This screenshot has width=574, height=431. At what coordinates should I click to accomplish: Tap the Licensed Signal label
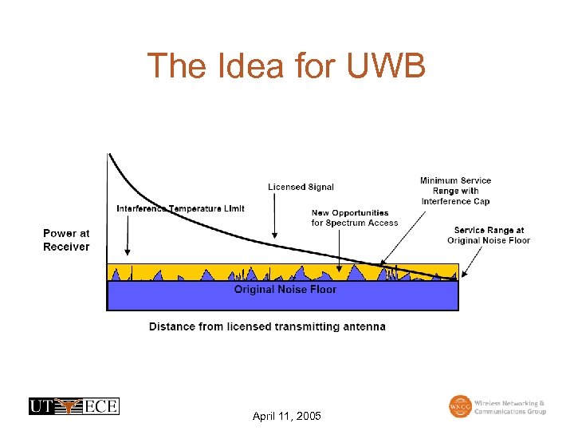point(301,187)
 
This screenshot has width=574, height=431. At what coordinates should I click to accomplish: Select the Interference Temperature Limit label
point(181,209)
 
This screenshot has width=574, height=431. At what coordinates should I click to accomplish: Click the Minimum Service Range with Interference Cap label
point(455,191)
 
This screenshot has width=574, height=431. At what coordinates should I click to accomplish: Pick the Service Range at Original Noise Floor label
point(489,235)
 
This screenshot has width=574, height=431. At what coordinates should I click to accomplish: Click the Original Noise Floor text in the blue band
point(285,289)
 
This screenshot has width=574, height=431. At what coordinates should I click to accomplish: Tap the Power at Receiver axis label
point(66,240)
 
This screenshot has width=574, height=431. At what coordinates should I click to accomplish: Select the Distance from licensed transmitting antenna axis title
point(267,326)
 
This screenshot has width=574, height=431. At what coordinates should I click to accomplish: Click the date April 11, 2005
point(286,417)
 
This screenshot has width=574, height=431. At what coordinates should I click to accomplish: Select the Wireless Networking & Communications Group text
point(510,407)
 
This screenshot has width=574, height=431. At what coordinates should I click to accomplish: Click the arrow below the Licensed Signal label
point(275,215)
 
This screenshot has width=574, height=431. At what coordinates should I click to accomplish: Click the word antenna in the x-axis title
point(364,326)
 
